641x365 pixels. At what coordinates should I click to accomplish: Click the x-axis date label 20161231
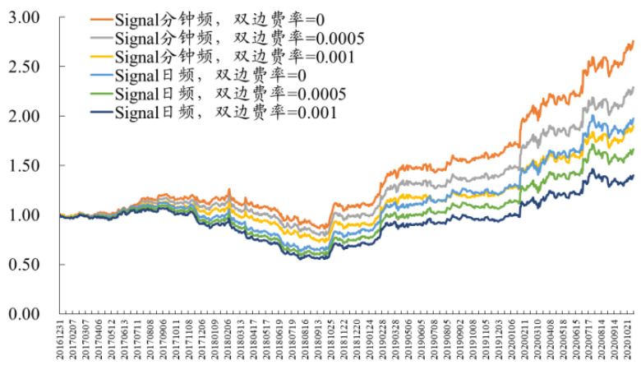[61, 340]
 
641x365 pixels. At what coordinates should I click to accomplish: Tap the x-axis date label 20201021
[628, 340]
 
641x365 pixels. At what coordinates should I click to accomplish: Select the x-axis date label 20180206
[227, 340]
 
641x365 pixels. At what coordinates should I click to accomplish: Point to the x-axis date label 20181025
[334, 340]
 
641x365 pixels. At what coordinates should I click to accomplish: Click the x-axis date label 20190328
[393, 340]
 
